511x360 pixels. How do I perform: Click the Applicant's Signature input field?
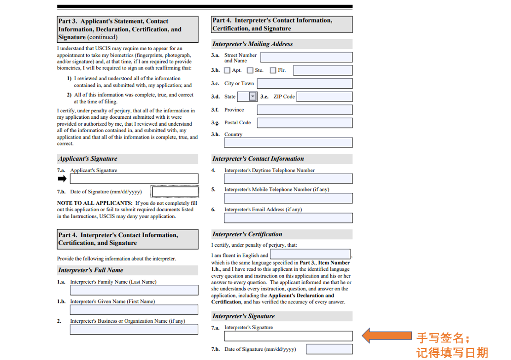pyautogui.click(x=134, y=179)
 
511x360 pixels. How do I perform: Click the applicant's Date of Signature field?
pyautogui.click(x=175, y=192)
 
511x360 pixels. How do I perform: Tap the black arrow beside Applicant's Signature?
pyautogui.click(x=62, y=179)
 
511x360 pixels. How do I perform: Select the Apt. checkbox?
pyautogui.click(x=227, y=70)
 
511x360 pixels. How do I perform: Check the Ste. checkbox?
pyautogui.click(x=250, y=70)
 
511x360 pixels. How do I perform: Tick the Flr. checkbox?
pyautogui.click(x=273, y=70)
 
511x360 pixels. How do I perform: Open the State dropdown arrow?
pyautogui.click(x=253, y=97)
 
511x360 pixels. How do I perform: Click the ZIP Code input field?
pyautogui.click(x=324, y=97)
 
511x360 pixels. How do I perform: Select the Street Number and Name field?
pyautogui.click(x=306, y=58)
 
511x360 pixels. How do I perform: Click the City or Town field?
pyautogui.click(x=305, y=84)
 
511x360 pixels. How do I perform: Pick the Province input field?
pyautogui.click(x=305, y=110)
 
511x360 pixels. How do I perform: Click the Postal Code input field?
pyautogui.click(x=305, y=123)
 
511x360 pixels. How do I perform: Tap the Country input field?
pyautogui.click(x=288, y=143)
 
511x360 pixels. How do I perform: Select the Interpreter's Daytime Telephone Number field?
pyautogui.click(x=288, y=179)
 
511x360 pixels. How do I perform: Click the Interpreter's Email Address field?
pyautogui.click(x=288, y=218)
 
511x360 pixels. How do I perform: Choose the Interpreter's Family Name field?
pyautogui.click(x=134, y=290)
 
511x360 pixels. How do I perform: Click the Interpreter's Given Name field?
pyautogui.click(x=134, y=310)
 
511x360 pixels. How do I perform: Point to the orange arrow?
pyautogui.click(x=387, y=335)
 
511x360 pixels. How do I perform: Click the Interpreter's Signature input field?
pyautogui.click(x=288, y=336)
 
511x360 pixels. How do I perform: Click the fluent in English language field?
pyautogui.click(x=310, y=255)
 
